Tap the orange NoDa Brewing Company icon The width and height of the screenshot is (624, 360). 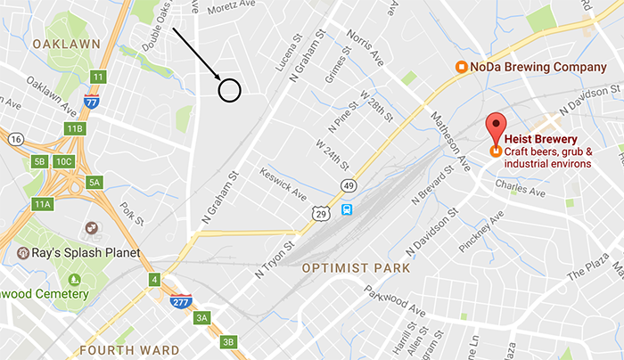point(462,67)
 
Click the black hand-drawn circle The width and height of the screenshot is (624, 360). point(230,89)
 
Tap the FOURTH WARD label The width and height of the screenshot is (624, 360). point(129,349)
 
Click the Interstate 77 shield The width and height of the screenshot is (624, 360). point(91,101)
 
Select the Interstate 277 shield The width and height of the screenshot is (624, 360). point(181,300)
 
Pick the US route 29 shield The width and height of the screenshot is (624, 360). point(320,212)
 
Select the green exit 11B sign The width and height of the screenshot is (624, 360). point(74,128)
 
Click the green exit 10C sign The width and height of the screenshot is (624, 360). point(63,161)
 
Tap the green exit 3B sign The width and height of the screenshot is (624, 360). point(229,342)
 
